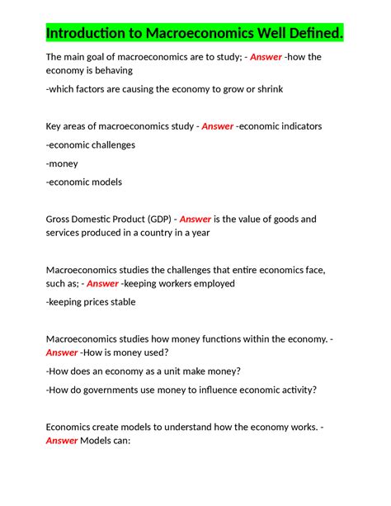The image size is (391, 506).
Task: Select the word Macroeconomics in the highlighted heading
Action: click(197, 34)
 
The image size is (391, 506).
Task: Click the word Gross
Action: click(61, 219)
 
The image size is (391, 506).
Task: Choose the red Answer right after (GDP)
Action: click(195, 219)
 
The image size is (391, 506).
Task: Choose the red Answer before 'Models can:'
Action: click(62, 441)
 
